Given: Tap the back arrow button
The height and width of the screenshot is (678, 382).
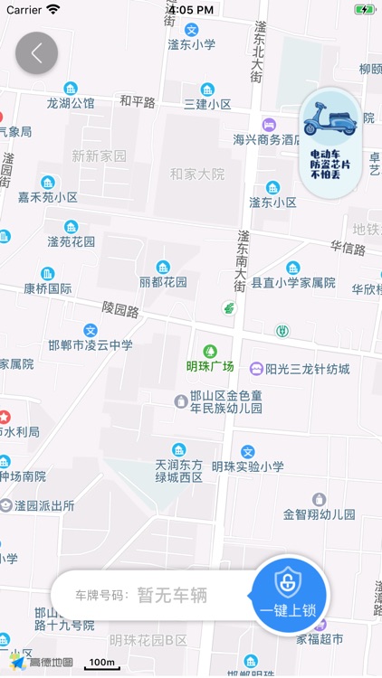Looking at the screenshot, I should click(36, 52).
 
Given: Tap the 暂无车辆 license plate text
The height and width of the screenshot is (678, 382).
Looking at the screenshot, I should click(172, 595).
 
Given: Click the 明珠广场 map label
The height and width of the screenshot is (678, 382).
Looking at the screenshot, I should click(210, 366).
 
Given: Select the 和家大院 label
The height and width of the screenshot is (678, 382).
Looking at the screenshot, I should click(196, 174).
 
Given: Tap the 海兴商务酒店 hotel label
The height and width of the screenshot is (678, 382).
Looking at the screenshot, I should click(266, 139).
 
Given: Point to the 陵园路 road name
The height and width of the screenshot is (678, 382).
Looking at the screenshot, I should click(120, 309).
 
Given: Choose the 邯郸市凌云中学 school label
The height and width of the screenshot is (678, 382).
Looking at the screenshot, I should click(91, 344).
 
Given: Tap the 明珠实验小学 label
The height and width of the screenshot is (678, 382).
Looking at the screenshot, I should click(248, 466).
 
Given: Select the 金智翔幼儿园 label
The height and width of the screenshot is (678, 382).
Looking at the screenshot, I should click(319, 513).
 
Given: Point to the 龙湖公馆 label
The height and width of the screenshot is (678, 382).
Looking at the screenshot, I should click(71, 103).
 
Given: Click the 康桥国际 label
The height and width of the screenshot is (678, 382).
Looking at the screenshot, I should click(48, 288).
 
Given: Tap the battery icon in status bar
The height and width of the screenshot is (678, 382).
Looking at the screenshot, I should click(364, 9).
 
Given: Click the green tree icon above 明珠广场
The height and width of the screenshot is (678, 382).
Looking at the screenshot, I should click(210, 350).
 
